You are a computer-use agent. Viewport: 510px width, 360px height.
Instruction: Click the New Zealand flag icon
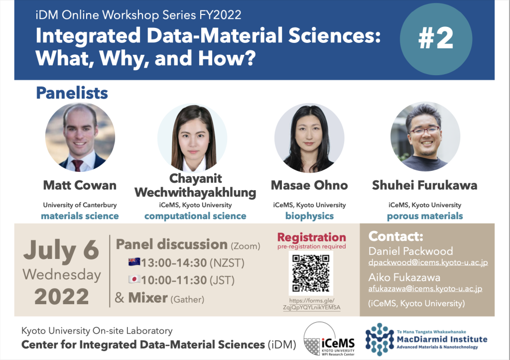134,262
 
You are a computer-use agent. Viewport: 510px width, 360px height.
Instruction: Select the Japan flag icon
134,279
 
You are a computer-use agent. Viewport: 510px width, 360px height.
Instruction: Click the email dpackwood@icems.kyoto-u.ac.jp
428,262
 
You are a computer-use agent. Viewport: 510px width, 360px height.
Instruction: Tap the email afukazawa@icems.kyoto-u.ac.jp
425,288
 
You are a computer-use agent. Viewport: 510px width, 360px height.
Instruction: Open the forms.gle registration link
312,304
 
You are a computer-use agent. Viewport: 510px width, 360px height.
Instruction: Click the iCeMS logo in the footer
329,339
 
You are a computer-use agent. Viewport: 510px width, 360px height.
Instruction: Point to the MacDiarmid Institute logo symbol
380,339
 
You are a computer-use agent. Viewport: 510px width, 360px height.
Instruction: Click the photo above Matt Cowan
80,137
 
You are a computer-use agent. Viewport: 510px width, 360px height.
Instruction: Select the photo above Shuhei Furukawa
425,136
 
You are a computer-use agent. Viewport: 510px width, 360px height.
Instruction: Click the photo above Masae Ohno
309,137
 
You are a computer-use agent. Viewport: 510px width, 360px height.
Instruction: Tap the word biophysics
309,216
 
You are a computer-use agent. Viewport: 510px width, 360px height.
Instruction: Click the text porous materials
425,216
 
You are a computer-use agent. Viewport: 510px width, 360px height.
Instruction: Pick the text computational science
195,216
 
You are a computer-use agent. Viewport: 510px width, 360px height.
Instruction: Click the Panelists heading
72,93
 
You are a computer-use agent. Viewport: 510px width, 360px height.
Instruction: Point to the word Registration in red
312,238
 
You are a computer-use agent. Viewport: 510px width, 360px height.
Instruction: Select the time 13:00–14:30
174,263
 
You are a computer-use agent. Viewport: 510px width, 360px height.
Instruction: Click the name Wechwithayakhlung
195,193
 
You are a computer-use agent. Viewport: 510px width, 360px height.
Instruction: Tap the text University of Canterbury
80,205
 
